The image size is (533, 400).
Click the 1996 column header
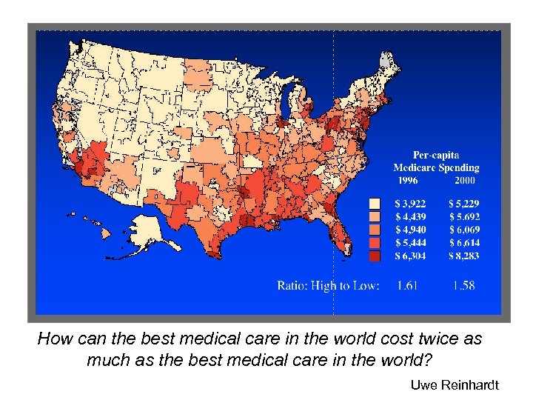408,180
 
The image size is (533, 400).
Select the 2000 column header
465,180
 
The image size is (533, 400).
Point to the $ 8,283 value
464,256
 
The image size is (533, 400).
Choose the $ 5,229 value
464,203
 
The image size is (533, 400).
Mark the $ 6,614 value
464,243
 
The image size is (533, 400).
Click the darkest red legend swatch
375,256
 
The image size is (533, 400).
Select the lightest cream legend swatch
375,203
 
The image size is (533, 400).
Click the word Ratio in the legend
292,285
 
